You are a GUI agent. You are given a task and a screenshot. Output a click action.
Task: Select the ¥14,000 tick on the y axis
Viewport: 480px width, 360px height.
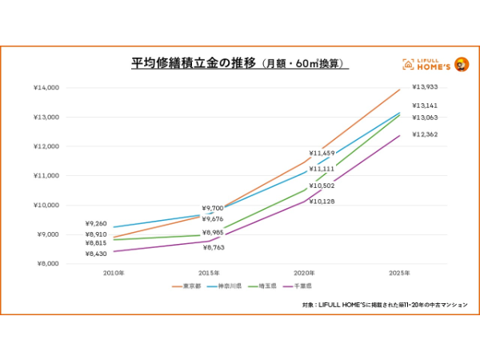point(46,88)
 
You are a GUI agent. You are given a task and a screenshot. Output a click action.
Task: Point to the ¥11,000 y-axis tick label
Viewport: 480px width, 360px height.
point(46,176)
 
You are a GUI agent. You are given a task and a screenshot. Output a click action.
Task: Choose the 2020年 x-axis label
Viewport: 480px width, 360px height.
point(304,273)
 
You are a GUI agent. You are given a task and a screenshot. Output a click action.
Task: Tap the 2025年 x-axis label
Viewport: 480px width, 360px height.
point(400,273)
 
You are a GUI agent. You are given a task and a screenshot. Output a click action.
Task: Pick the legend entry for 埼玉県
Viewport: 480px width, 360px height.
point(270,286)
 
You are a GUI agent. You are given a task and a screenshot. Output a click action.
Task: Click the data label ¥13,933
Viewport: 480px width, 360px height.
point(425,87)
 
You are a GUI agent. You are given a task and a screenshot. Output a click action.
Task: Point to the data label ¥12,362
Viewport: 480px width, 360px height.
point(425,134)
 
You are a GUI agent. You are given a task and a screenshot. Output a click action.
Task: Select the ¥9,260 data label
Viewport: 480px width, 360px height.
point(97,224)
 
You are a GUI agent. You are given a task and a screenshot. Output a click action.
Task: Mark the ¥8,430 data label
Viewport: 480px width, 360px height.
point(97,254)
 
